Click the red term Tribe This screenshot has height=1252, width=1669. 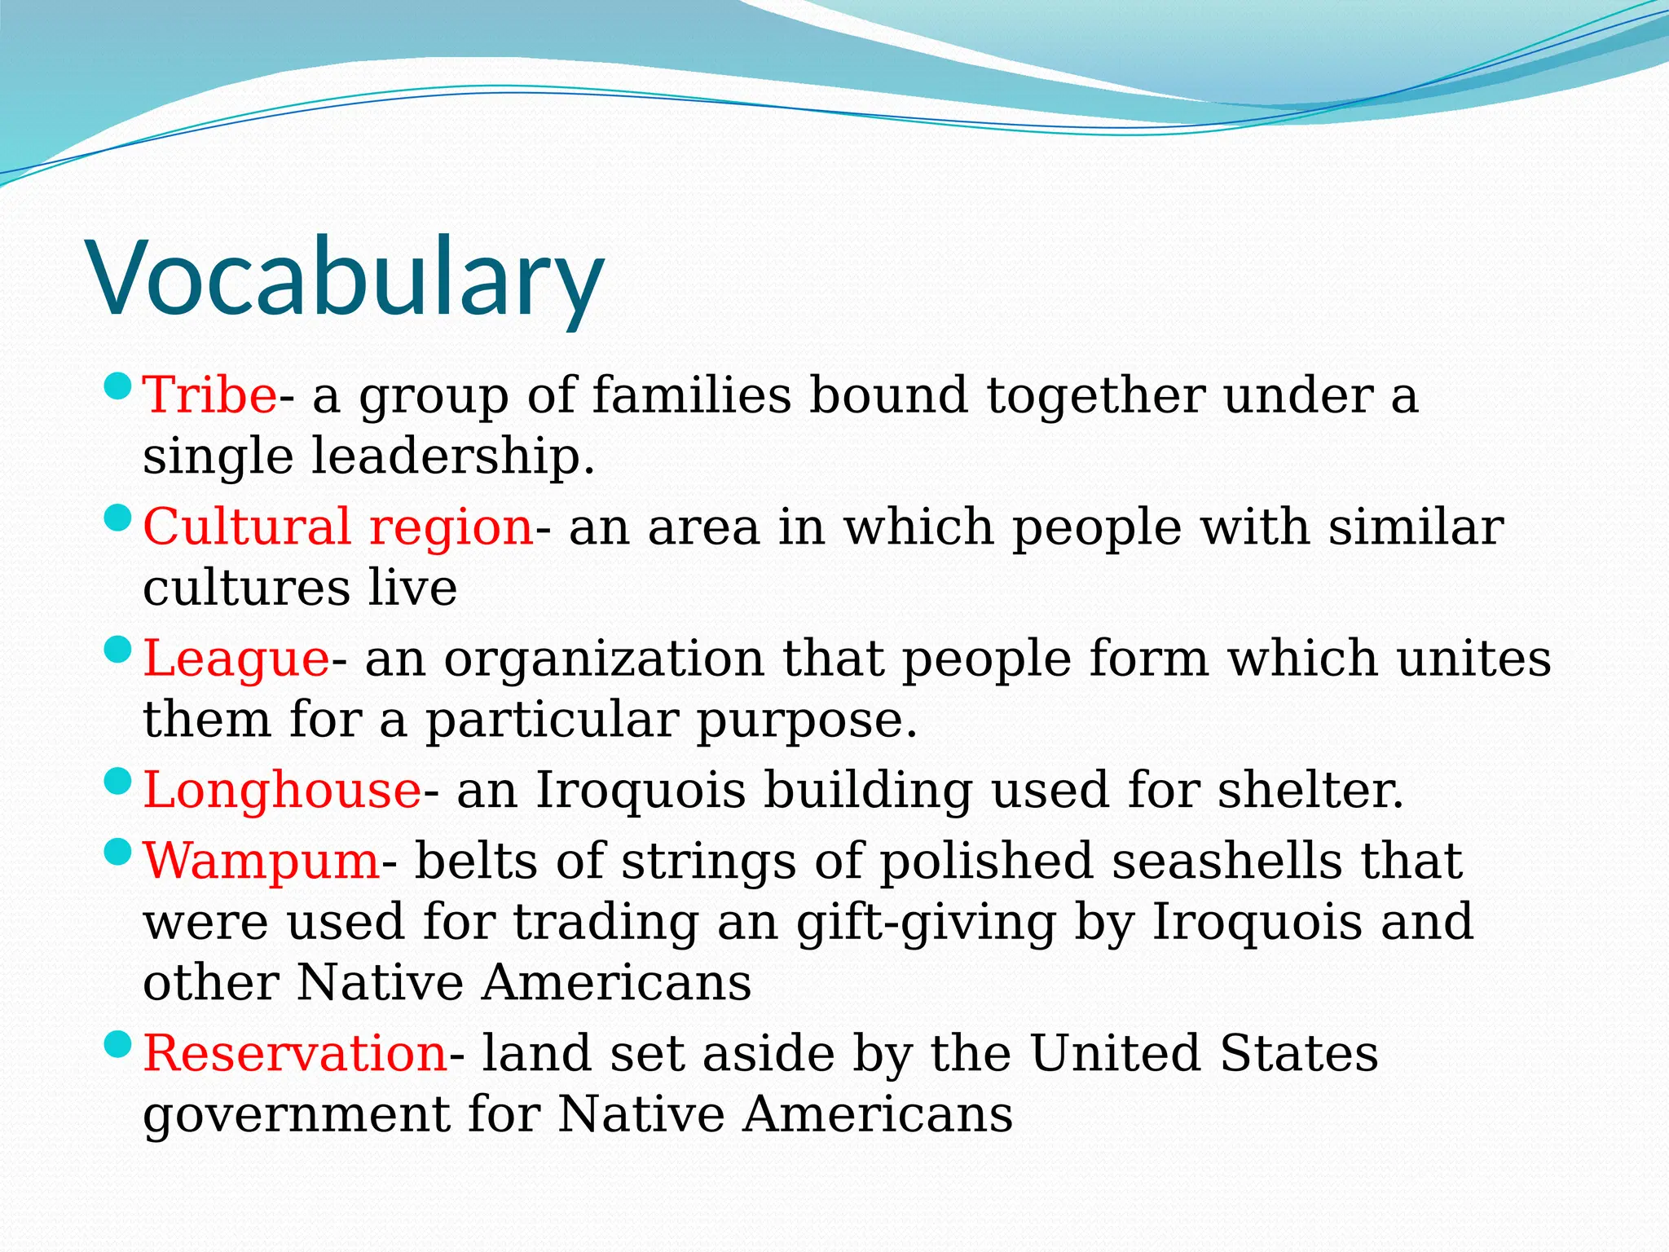pos(209,395)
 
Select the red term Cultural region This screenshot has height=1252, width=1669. pos(337,527)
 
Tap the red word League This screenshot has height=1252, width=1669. pos(236,659)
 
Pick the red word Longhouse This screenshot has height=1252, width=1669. pos(282,790)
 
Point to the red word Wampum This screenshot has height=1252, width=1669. pos(262,861)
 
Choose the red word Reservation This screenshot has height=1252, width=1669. pos(295,1053)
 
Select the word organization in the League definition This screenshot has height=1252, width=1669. pos(604,659)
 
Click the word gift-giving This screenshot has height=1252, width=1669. pos(926,923)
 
